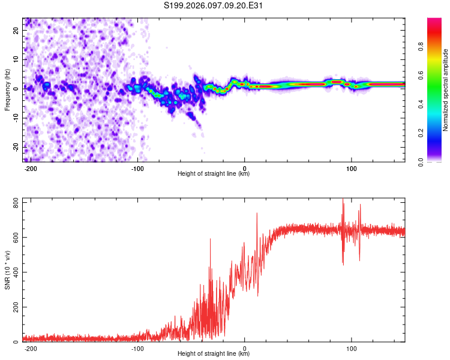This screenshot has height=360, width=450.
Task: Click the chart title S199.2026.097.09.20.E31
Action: point(214,5)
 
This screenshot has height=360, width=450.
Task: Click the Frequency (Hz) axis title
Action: point(8,89)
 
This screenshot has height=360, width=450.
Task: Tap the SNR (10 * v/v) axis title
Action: point(8,271)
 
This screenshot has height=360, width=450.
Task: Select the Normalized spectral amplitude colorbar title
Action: point(445,90)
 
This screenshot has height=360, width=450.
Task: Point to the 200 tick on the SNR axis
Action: point(15,307)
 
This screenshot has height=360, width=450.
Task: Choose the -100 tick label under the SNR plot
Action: point(137,349)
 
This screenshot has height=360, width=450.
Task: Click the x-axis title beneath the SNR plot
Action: point(214,354)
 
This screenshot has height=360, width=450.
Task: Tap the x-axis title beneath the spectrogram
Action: point(214,174)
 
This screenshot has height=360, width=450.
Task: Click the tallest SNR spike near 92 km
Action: point(343,200)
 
